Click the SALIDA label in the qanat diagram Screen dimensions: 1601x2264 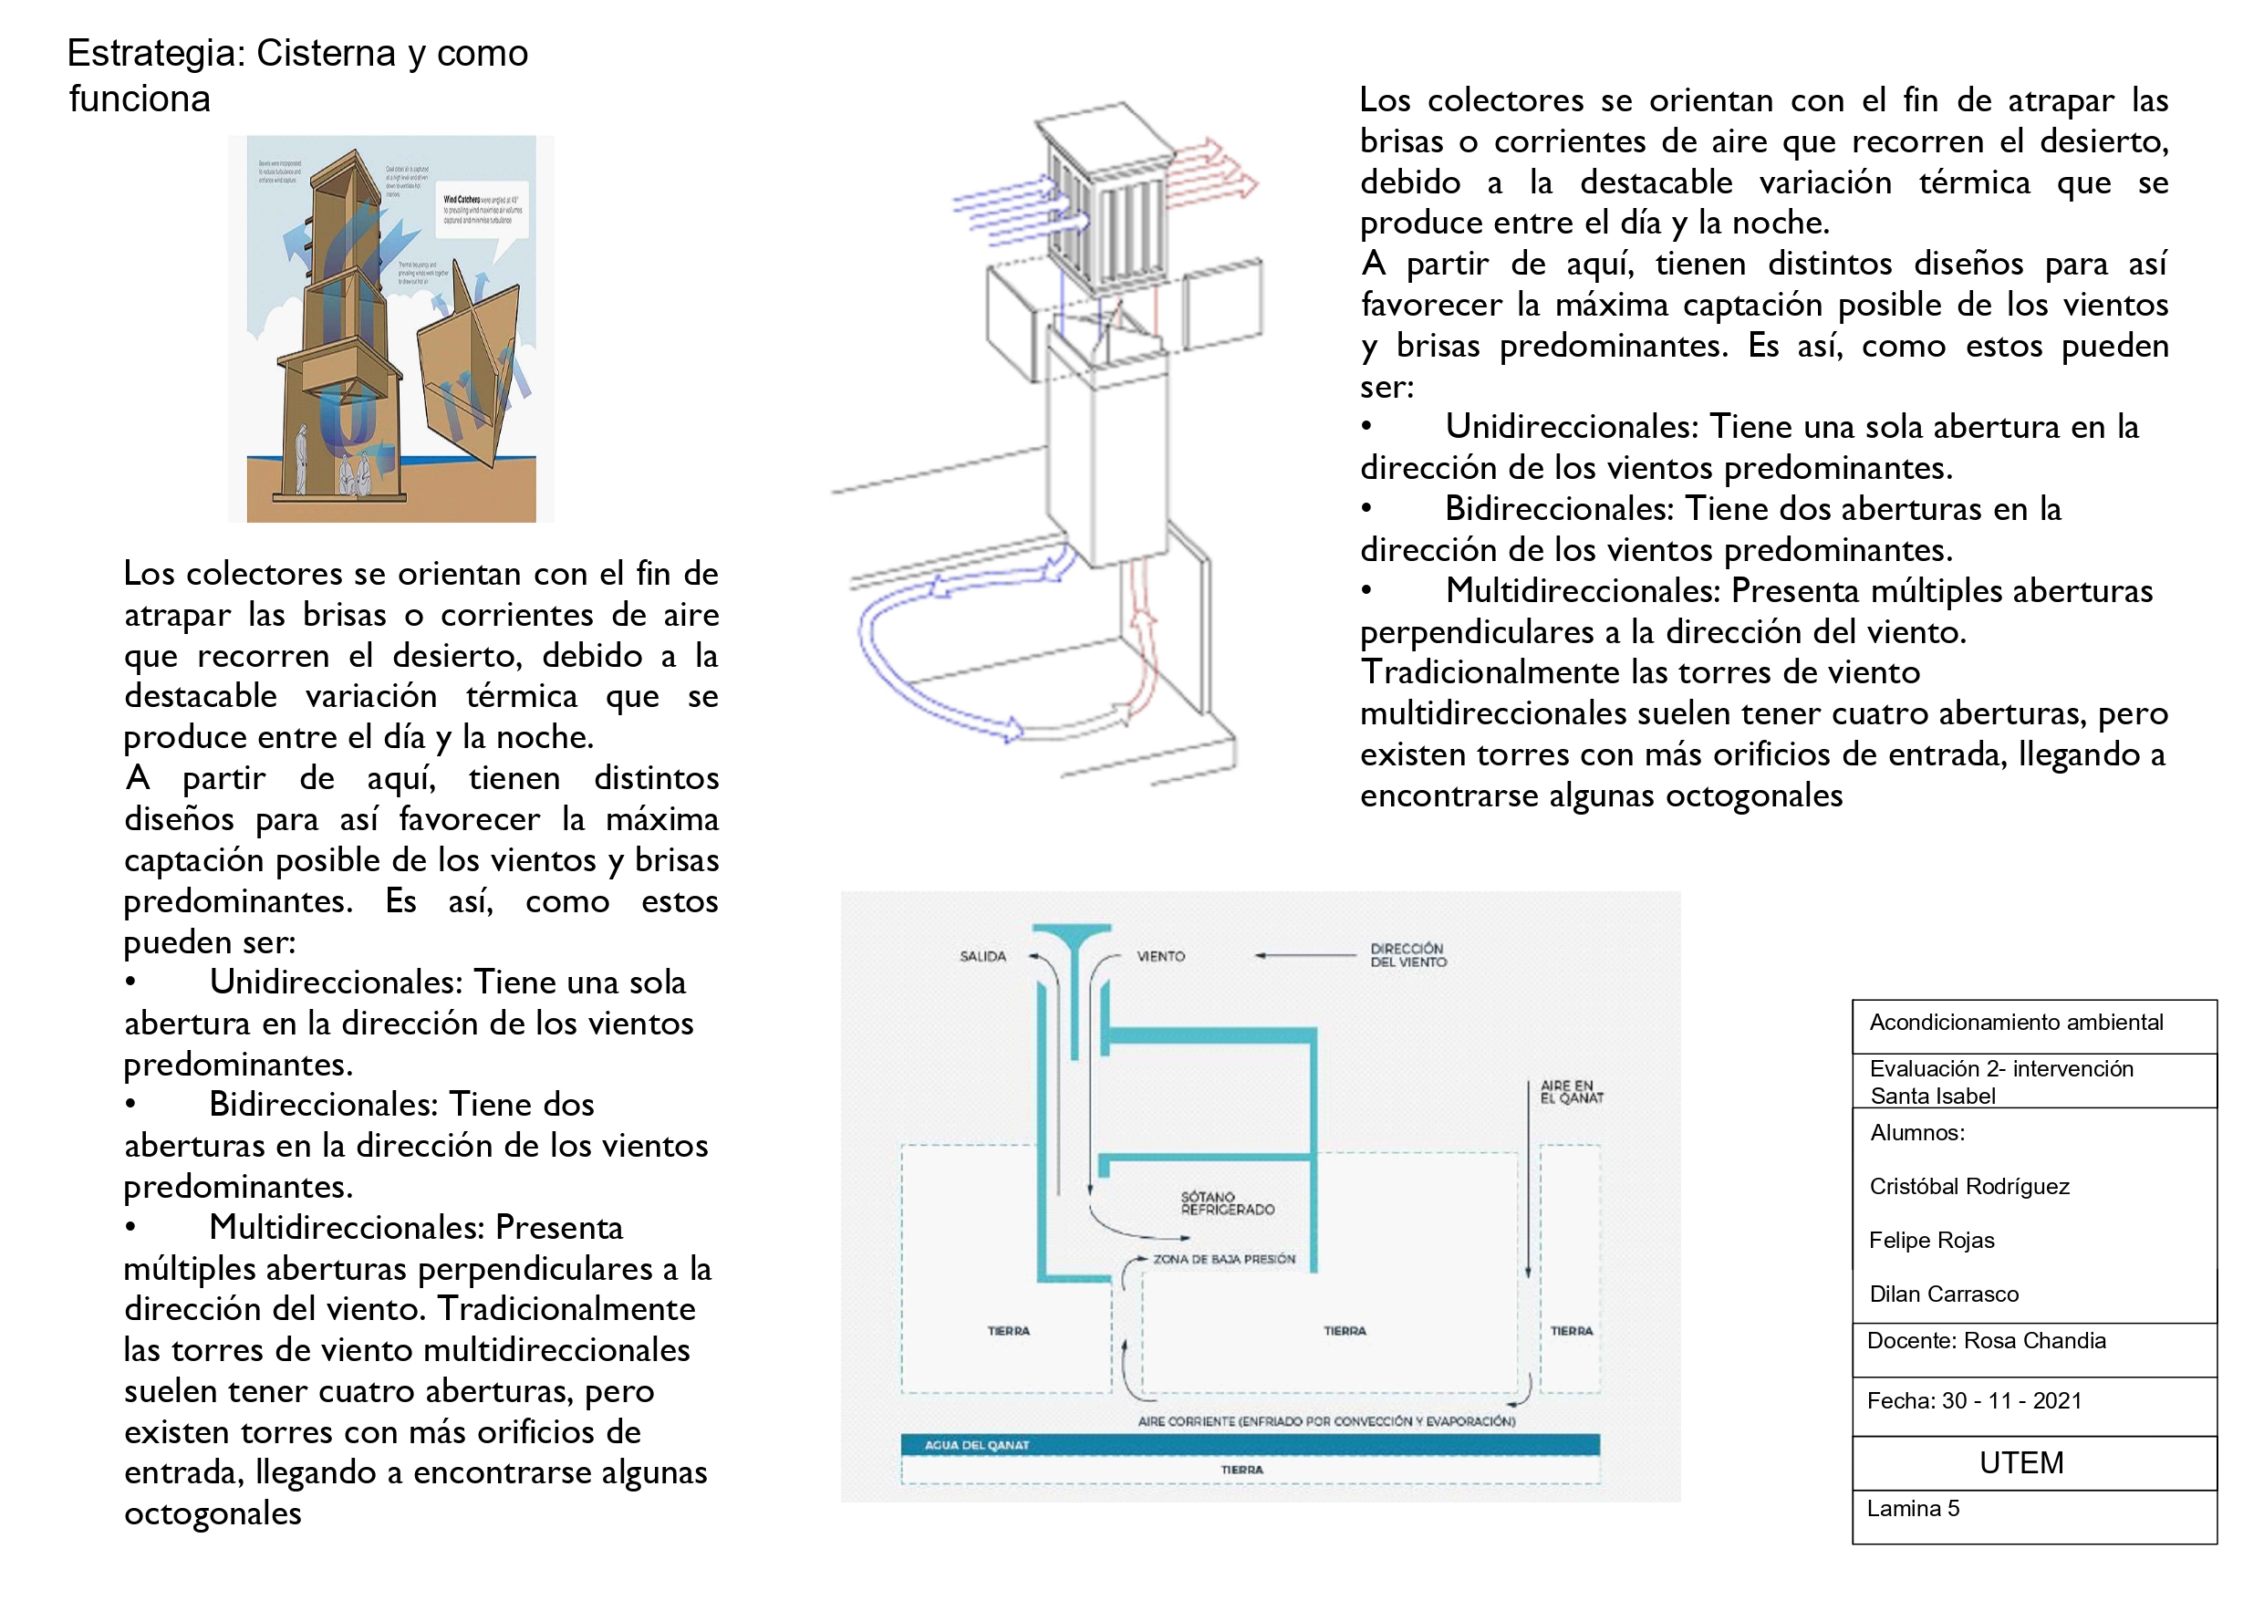click(982, 956)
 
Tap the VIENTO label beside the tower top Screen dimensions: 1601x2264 click(1160, 956)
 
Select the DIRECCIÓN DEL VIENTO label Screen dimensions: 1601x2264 click(1407, 955)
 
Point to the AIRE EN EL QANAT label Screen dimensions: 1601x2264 click(1571, 1091)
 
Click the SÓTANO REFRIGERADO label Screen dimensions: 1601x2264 click(1227, 1202)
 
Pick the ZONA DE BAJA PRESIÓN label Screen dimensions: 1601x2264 click(1224, 1259)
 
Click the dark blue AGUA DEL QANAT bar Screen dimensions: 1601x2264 click(1250, 1445)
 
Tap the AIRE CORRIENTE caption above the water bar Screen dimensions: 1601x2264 click(1325, 1421)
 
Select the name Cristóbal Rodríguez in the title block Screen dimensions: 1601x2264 click(1968, 1186)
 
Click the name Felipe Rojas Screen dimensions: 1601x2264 click(1931, 1240)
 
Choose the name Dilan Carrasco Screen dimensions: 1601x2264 click(1943, 1294)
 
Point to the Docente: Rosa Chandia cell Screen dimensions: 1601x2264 click(1986, 1341)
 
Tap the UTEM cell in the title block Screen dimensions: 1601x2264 click(2020, 1463)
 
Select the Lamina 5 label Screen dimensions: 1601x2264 click(1912, 1508)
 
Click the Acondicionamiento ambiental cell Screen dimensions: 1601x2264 click(2016, 1022)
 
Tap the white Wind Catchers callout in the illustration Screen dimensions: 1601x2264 click(484, 209)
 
